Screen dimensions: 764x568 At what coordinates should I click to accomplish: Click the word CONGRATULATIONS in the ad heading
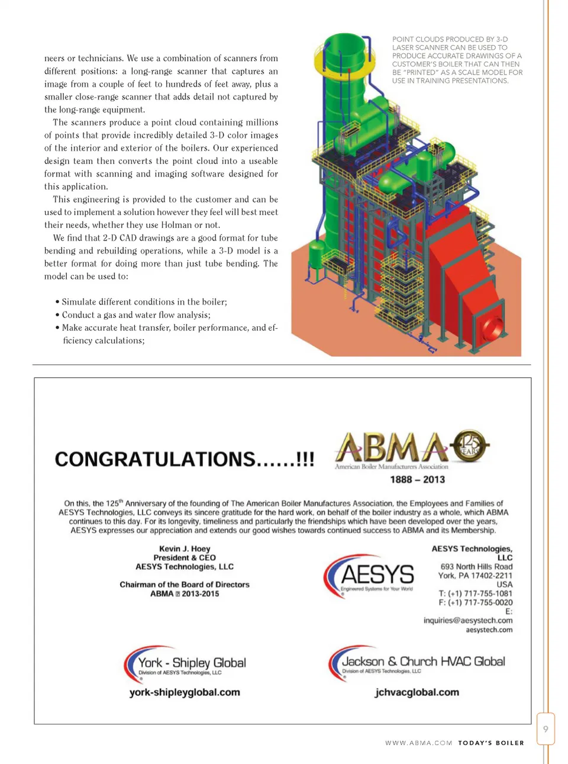[155, 460]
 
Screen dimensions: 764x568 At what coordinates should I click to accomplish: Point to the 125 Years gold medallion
[470, 445]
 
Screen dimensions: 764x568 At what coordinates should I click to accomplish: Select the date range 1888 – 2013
[417, 480]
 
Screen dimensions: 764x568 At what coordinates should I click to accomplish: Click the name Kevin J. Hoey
[185, 549]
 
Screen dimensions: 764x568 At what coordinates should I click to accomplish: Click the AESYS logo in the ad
[370, 574]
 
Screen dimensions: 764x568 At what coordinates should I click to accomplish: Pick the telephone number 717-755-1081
[480, 593]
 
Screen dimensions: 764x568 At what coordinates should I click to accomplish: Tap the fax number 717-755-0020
[480, 603]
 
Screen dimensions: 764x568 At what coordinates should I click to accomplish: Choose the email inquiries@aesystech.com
[468, 621]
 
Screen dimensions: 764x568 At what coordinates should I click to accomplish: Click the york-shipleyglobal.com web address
[185, 692]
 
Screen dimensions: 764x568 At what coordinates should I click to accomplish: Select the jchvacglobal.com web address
[417, 692]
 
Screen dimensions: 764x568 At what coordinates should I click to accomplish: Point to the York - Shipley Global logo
[185, 664]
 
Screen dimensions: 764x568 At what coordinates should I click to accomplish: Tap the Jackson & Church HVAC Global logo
[417, 663]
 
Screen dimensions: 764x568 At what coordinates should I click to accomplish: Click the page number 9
[546, 729]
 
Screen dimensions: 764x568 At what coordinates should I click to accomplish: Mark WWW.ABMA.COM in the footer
[418, 743]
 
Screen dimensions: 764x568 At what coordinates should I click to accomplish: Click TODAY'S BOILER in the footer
[490, 743]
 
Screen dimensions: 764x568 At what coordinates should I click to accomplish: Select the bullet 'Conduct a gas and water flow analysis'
[135, 315]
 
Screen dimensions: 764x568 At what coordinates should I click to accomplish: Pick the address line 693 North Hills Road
[476, 567]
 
